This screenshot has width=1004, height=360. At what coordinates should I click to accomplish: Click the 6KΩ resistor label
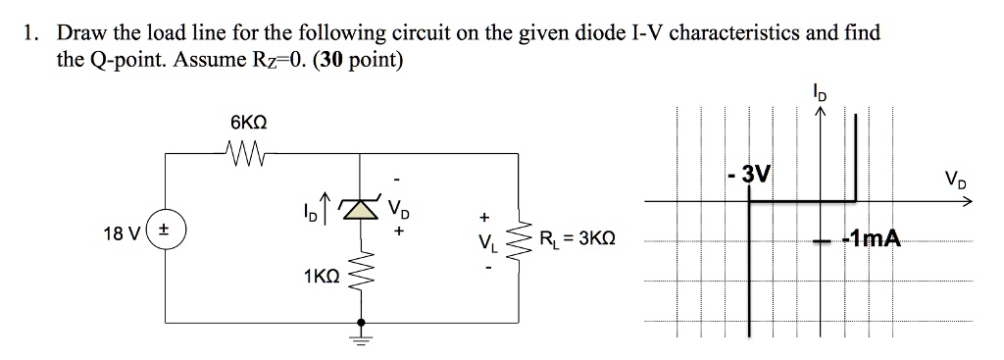click(x=248, y=125)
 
